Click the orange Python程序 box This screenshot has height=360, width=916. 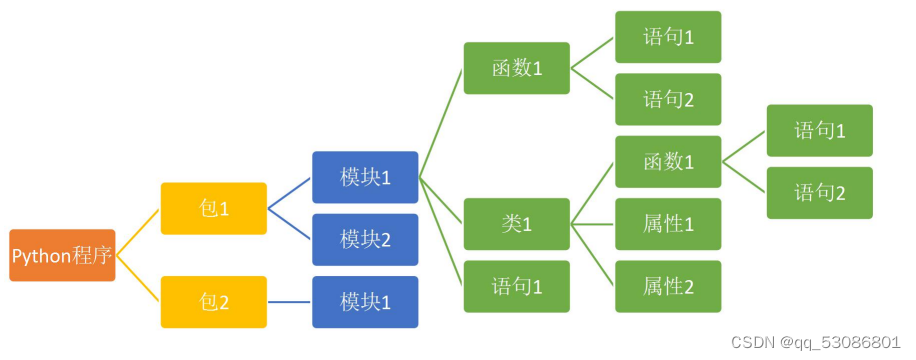pos(62,256)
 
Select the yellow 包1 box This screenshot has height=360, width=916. pos(214,209)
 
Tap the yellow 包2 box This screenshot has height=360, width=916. pos(214,302)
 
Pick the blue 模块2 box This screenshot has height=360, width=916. pos(365,239)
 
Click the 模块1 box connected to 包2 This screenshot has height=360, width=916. pos(365,302)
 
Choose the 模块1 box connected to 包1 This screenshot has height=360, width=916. pos(365,177)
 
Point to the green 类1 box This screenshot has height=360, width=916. pos(517,224)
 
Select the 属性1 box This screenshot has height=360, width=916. pos(668,224)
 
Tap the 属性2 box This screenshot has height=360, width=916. pos(668,287)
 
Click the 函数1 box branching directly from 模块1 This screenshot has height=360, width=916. pos(517,68)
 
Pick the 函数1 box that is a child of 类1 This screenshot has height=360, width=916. pos(668,162)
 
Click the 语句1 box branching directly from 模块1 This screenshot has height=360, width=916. pos(517,287)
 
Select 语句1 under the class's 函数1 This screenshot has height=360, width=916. pos(820,131)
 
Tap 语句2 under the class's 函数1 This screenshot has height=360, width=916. pos(820,193)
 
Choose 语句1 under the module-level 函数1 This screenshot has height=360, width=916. pos(668,37)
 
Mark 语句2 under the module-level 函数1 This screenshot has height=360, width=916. pos(668,99)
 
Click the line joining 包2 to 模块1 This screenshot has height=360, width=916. pos(290,302)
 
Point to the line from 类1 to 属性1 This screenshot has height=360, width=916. pos(592,224)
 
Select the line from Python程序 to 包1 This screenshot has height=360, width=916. pos(138,232)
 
